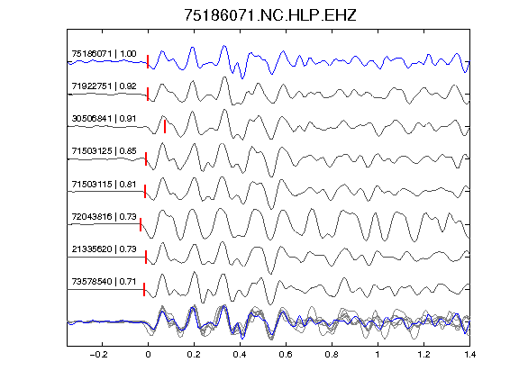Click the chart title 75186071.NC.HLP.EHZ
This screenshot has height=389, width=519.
click(270, 15)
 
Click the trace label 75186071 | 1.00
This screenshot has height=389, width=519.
click(104, 54)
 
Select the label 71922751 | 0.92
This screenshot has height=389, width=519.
click(104, 86)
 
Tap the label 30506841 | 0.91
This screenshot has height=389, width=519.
click(104, 119)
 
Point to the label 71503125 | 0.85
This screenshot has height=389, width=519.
click(104, 151)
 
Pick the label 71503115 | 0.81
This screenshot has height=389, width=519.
click(104, 184)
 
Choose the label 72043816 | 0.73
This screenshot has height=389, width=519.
click(104, 216)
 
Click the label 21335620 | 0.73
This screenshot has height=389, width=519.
click(104, 249)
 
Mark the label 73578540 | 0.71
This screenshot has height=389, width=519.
click(104, 282)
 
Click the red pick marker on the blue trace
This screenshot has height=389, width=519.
click(148, 61)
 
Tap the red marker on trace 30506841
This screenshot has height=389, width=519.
click(165, 126)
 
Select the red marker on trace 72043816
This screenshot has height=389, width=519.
click(141, 224)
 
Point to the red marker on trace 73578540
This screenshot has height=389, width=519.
click(144, 289)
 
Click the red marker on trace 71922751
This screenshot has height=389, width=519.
click(148, 94)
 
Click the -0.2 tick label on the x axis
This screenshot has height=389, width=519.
click(98, 355)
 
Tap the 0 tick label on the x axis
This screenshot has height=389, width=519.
click(148, 355)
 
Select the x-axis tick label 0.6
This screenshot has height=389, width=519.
click(286, 355)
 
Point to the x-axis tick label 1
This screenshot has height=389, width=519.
click(378, 355)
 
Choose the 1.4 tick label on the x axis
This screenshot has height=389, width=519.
click(469, 355)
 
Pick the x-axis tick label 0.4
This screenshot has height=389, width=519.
click(240, 355)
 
